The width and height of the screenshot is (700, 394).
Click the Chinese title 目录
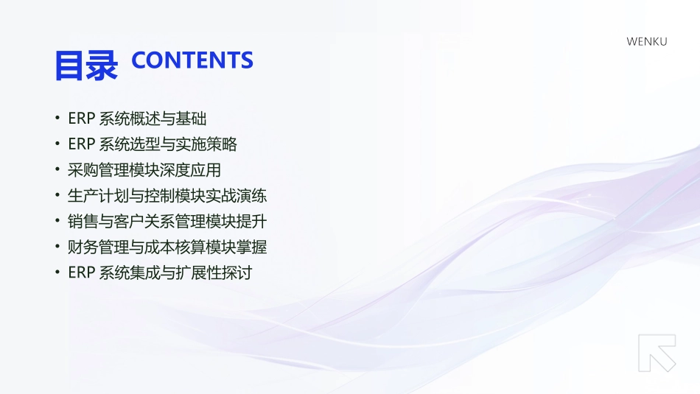(85, 65)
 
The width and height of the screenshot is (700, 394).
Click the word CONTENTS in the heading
(192, 60)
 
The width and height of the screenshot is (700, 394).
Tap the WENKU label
(646, 41)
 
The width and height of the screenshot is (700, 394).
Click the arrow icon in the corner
(657, 353)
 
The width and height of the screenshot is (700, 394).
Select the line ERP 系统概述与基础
(137, 119)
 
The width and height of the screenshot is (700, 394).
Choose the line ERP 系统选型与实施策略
(153, 144)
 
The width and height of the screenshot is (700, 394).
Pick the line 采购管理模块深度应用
(144, 170)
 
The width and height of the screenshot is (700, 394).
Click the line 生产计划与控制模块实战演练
(167, 196)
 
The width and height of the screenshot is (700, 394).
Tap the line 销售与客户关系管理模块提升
(167, 221)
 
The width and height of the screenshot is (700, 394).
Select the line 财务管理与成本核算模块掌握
(167, 247)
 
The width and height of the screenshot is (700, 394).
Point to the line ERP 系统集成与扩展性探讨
(160, 272)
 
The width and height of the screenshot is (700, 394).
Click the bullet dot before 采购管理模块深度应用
(57, 170)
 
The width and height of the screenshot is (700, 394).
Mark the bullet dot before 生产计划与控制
(57, 196)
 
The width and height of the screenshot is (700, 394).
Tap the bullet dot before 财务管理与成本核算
(57, 247)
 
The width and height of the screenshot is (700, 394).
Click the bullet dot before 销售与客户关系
(57, 221)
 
